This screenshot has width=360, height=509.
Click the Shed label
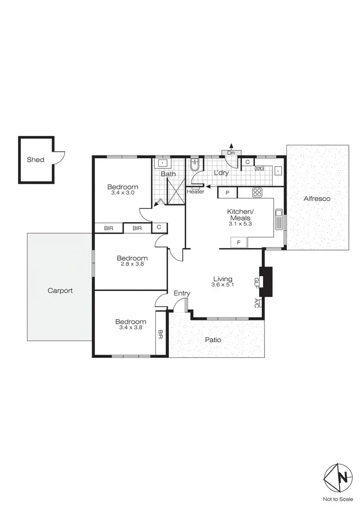click(36, 160)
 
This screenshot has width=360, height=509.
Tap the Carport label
click(60, 290)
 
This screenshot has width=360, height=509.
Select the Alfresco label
click(317, 198)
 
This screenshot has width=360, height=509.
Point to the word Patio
click(213, 340)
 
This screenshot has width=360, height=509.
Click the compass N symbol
click(342, 477)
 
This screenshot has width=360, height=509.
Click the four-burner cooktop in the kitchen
click(257, 193)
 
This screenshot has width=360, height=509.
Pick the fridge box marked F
click(239, 242)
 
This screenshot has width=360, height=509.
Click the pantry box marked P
click(228, 193)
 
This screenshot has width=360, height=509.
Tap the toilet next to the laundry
click(194, 165)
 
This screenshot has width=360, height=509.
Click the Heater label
click(195, 191)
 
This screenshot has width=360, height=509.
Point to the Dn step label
click(231, 153)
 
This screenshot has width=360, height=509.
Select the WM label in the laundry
click(259, 169)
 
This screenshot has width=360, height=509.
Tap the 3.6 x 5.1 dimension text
click(223, 285)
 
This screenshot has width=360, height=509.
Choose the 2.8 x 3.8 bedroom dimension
click(131, 264)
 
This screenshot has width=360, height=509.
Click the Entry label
click(182, 294)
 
